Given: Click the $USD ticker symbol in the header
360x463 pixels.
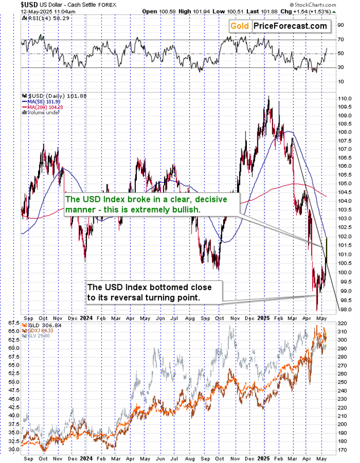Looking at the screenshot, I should click(x=11, y=4).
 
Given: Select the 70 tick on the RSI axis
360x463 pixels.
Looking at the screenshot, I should click(x=340, y=39).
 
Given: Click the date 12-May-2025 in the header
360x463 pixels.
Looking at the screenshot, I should click(x=17, y=11).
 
